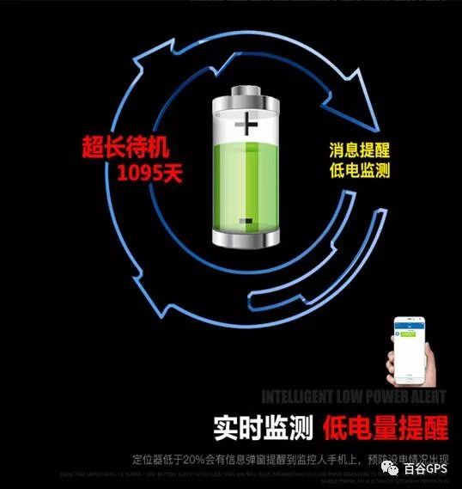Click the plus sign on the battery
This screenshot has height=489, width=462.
point(246,126)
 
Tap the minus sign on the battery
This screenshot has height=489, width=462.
point(246,222)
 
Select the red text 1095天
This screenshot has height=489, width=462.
point(150,174)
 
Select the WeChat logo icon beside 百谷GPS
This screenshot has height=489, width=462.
point(392,469)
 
